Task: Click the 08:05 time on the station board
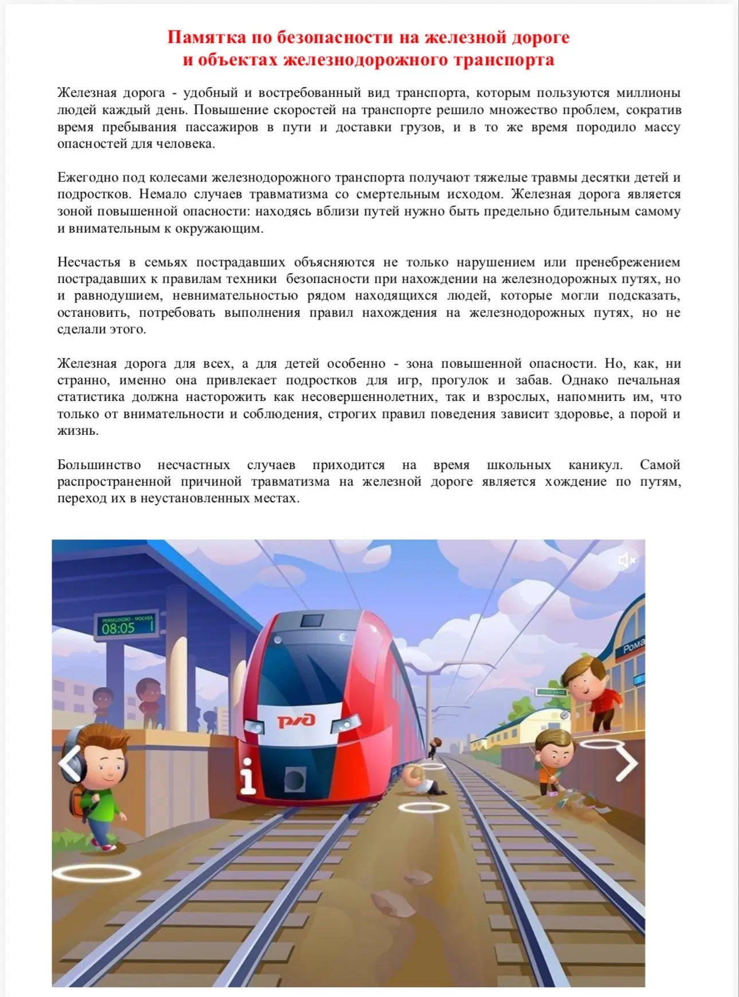(x=119, y=628)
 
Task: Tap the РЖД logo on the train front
(x=296, y=720)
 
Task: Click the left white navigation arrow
(x=70, y=764)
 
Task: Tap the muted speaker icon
(x=627, y=559)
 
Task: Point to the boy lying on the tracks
(x=423, y=781)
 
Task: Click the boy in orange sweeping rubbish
(x=553, y=762)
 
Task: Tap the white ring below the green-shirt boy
(x=96, y=873)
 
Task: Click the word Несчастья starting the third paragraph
(x=92, y=262)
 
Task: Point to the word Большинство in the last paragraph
(x=99, y=465)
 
